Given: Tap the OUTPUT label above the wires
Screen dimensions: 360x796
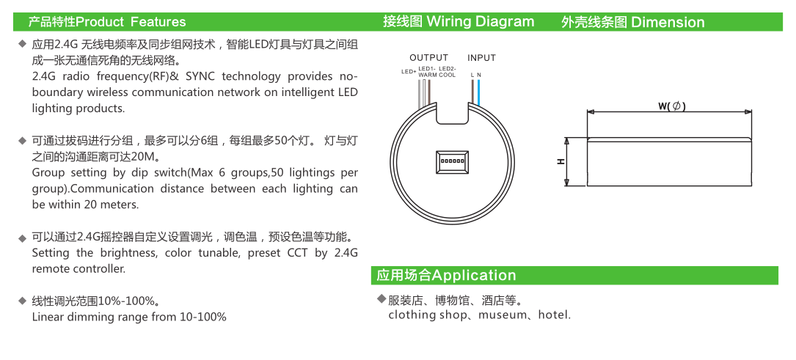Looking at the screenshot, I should pos(428,58).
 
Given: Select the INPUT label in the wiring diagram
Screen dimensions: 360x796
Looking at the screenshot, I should pos(481,58).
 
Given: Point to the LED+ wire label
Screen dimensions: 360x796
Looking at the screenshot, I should pos(409,72).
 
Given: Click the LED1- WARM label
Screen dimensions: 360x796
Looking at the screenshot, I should pos(428,72).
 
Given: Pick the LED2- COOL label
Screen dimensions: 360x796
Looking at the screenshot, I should pos(447,72).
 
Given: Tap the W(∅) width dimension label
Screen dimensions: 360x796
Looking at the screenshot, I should pos(671,106).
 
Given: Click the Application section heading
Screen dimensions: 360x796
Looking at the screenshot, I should pos(474,276).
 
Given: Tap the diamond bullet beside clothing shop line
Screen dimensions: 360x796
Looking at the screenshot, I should pos(381,299).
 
